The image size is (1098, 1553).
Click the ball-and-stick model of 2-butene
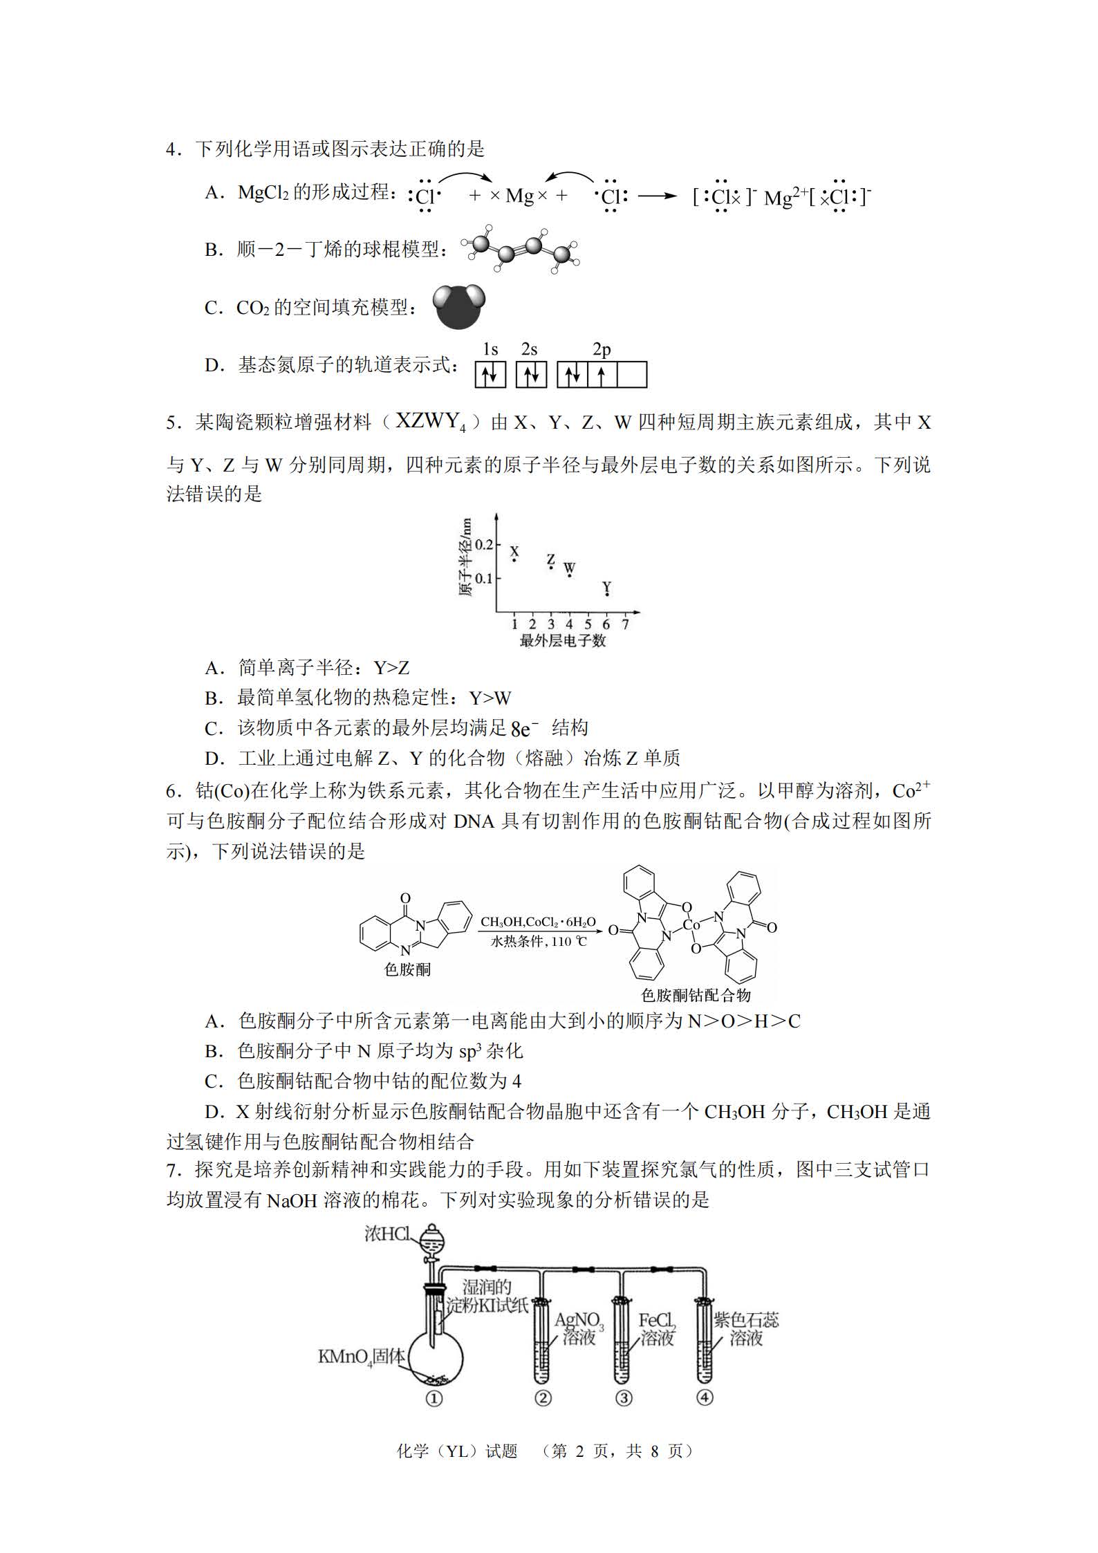click(523, 251)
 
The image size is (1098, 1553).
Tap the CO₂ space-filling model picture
click(459, 306)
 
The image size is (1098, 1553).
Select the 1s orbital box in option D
click(490, 375)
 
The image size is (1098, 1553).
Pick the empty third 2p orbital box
click(632, 375)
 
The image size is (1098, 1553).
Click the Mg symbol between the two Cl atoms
click(519, 196)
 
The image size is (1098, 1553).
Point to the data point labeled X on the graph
click(514, 559)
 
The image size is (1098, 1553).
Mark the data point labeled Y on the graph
click(606, 593)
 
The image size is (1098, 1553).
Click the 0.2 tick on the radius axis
click(483, 545)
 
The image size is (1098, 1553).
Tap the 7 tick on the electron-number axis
click(625, 624)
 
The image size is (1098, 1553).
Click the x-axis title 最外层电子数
click(562, 641)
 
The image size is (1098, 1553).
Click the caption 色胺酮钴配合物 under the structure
click(696, 995)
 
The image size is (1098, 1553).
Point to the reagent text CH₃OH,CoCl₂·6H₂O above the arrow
click(538, 922)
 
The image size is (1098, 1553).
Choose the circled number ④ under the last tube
click(704, 1397)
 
